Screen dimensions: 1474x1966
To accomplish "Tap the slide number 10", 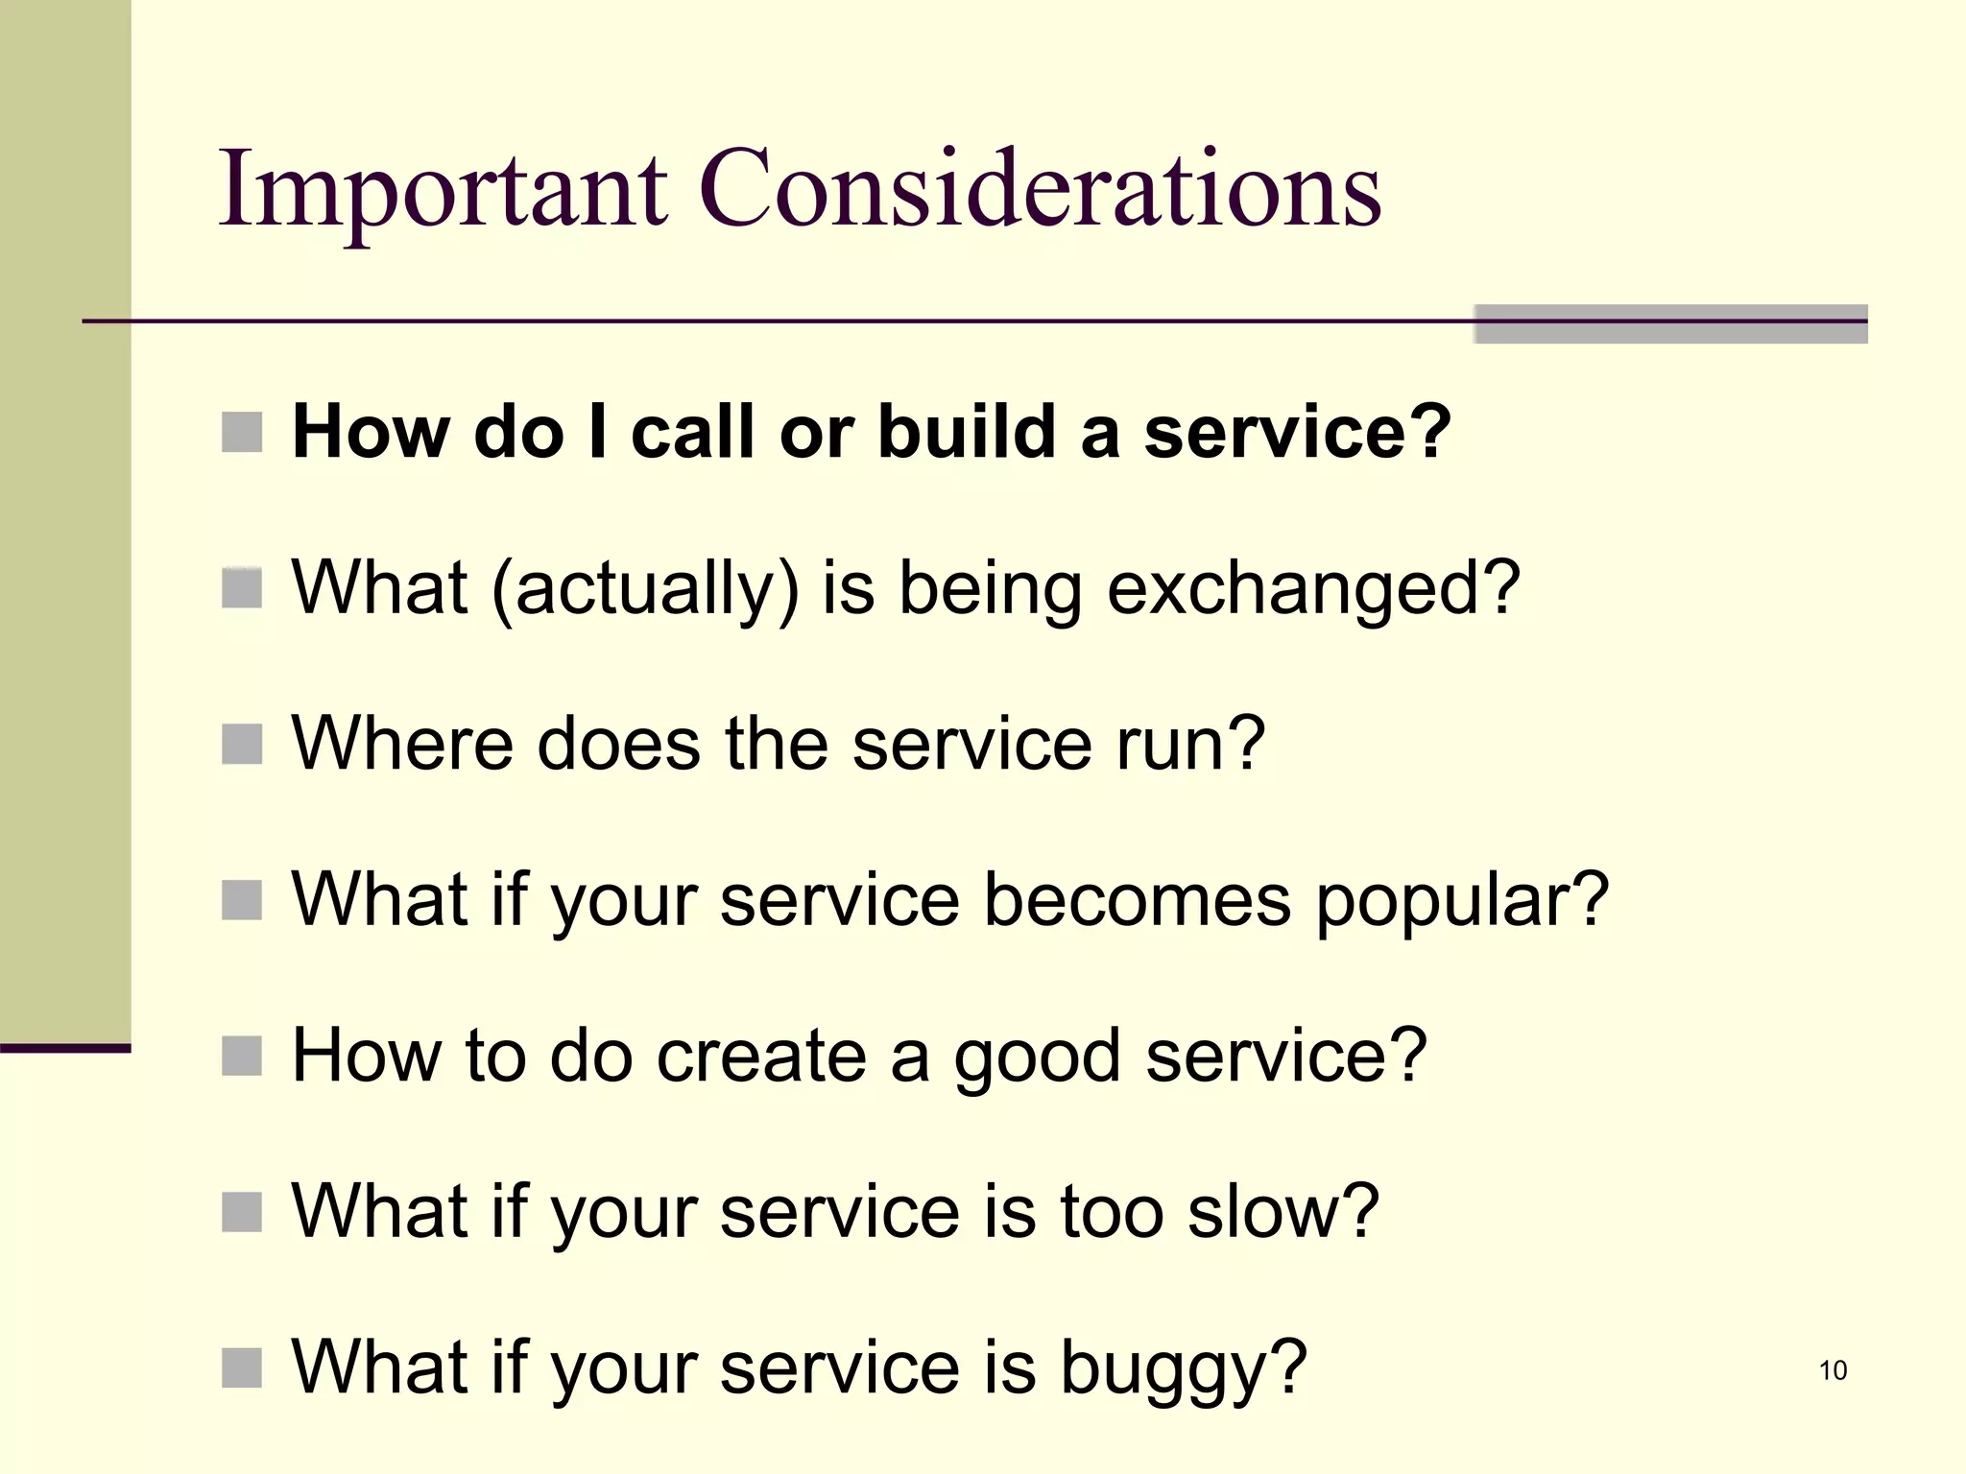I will point(1833,1370).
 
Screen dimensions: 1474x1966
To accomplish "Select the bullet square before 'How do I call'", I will point(242,433).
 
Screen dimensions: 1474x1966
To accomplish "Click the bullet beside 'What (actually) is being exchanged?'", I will point(242,588).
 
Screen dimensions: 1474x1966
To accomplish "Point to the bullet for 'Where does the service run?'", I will point(242,745).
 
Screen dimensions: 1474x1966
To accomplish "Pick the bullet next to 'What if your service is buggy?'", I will point(242,1367).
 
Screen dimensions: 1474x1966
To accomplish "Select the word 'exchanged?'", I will point(1313,588).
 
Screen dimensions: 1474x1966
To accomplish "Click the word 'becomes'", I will point(1138,900).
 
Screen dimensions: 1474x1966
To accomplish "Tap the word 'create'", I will point(761,1056).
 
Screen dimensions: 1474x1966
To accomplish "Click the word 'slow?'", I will point(1283,1211).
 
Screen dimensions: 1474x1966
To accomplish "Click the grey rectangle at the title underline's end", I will point(1670,324).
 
